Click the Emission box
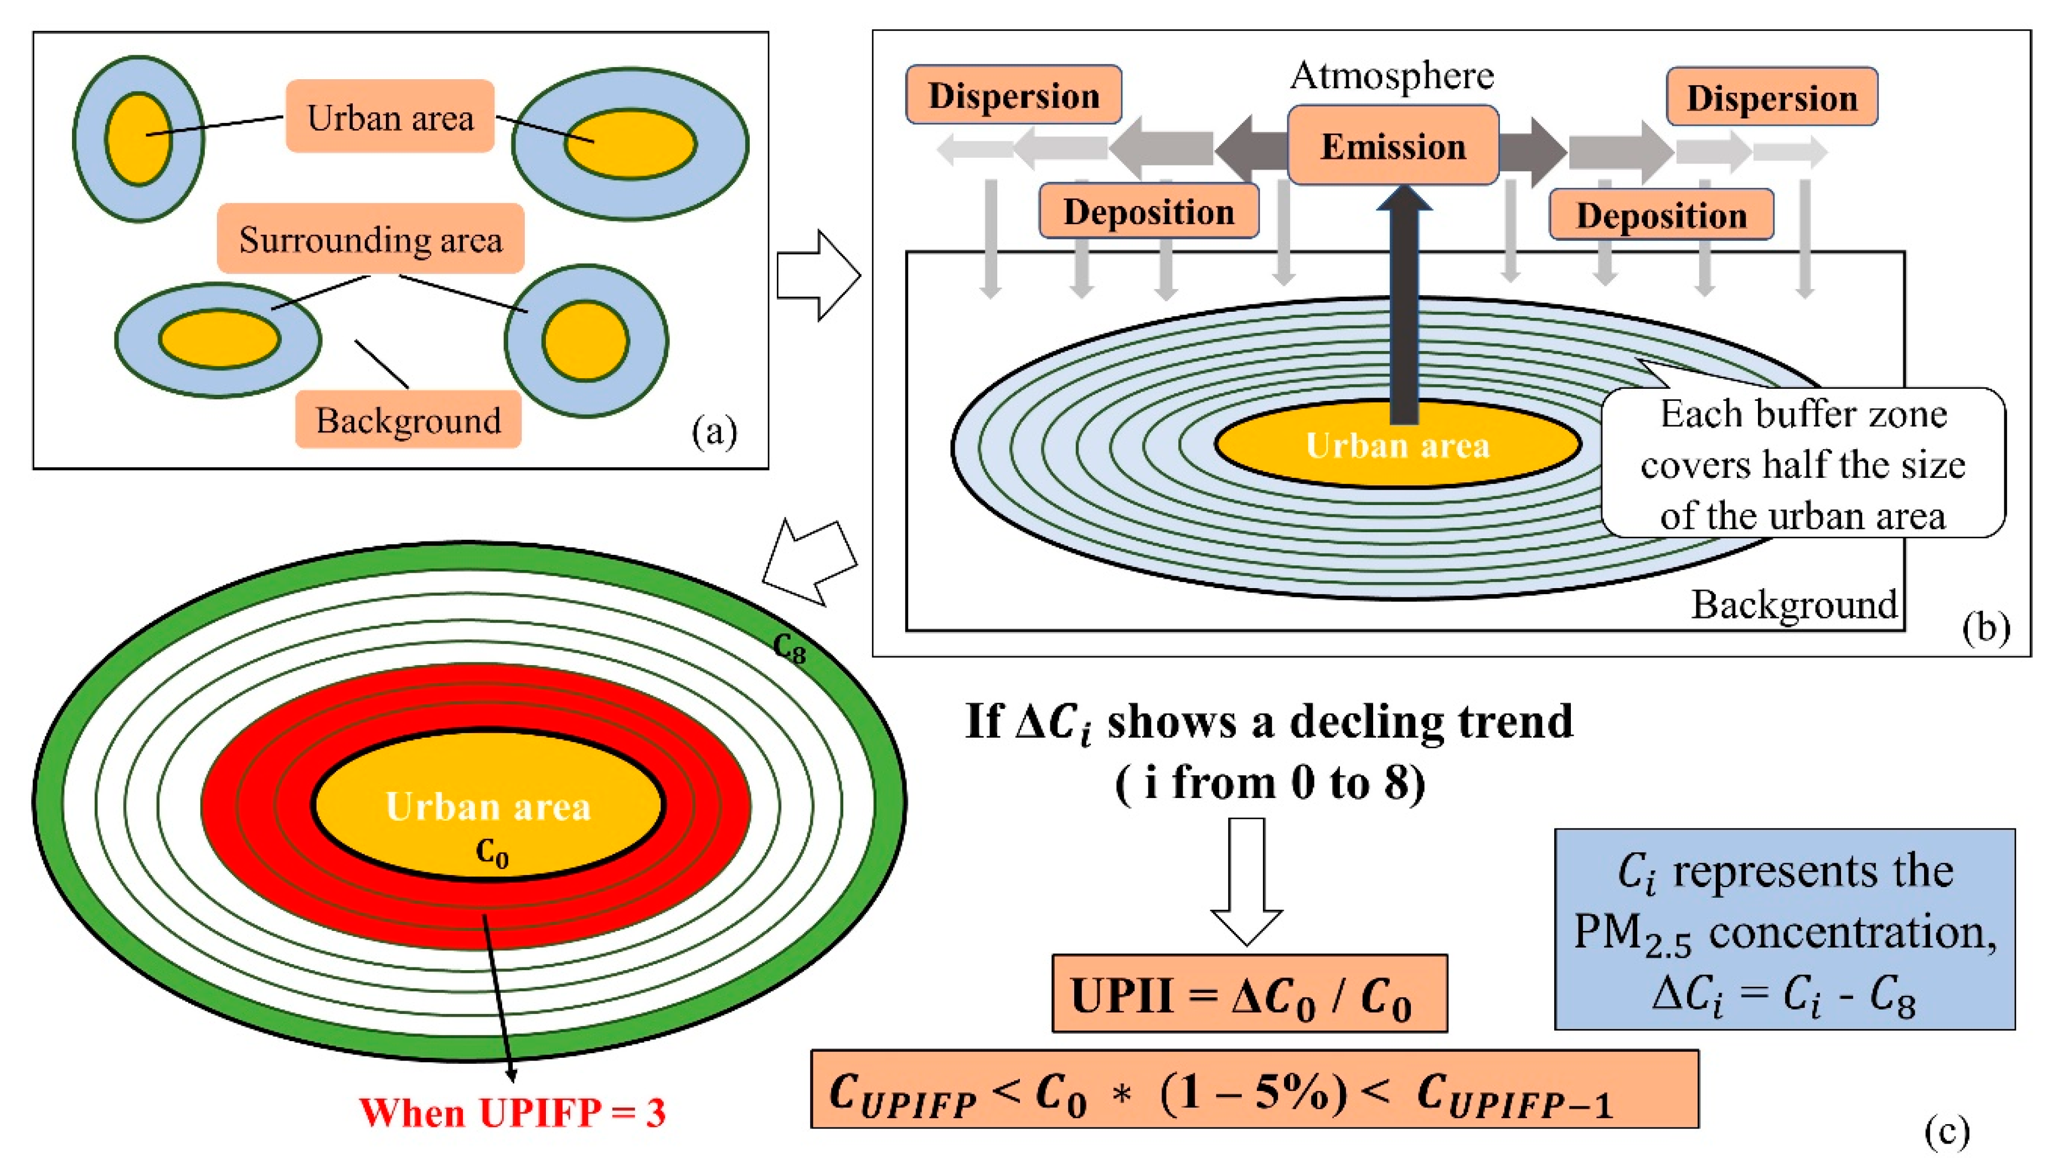pyautogui.click(x=1393, y=145)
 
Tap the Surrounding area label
pyautogui.click(x=370, y=239)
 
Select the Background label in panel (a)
pyautogui.click(x=408, y=420)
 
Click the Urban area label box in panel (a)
pyautogui.click(x=390, y=117)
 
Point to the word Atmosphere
pyautogui.click(x=1392, y=75)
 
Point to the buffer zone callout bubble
pyautogui.click(x=1803, y=464)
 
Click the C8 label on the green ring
pyautogui.click(x=789, y=648)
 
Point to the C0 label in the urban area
pyautogui.click(x=491, y=853)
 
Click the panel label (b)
pyautogui.click(x=1985, y=627)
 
